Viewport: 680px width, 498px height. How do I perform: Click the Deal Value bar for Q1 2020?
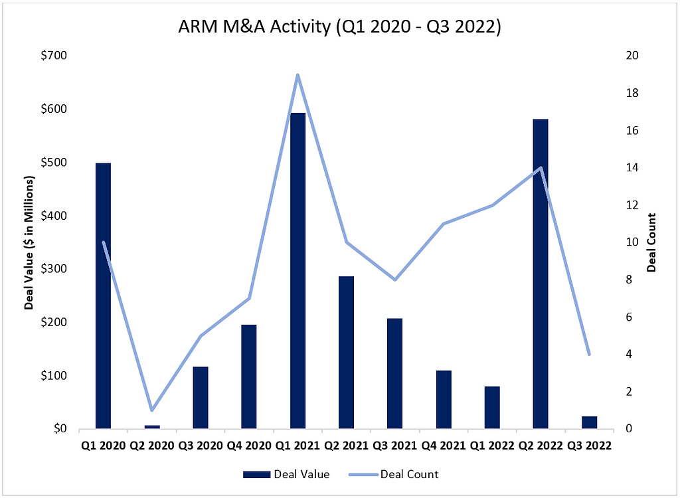click(x=103, y=295)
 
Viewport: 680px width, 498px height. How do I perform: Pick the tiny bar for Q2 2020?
click(x=152, y=427)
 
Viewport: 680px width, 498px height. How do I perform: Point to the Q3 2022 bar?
click(x=589, y=422)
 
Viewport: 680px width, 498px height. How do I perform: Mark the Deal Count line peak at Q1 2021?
click(x=298, y=74)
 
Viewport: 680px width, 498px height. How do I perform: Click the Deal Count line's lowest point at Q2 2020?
click(x=152, y=410)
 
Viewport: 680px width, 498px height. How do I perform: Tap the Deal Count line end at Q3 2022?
click(x=589, y=354)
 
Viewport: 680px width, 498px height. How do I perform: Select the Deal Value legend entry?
click(x=286, y=474)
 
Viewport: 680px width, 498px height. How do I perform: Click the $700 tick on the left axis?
click(x=53, y=56)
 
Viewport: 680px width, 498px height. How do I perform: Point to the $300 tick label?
click(x=53, y=269)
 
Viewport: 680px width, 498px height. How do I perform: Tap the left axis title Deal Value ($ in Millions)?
click(x=29, y=242)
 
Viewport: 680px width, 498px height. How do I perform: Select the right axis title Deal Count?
click(x=651, y=242)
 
